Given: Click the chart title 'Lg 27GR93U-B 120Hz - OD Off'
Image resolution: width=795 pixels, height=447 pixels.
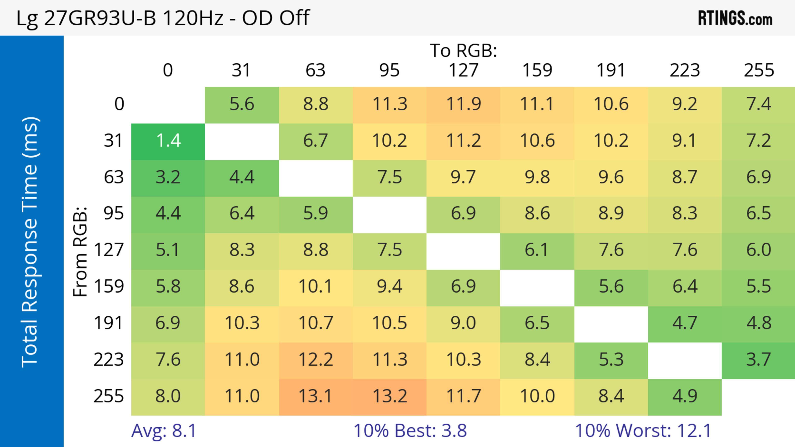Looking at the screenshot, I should [x=163, y=18].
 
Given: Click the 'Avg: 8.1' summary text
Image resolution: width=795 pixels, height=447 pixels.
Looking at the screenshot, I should [x=164, y=431].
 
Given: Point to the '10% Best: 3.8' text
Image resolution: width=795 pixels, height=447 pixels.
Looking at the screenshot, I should [x=410, y=431].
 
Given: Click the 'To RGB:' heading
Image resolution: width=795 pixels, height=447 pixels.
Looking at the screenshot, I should [x=463, y=50].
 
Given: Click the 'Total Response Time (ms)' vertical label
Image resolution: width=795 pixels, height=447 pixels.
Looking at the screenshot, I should [x=30, y=242].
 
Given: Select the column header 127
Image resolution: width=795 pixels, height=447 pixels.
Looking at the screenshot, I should [x=463, y=70].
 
